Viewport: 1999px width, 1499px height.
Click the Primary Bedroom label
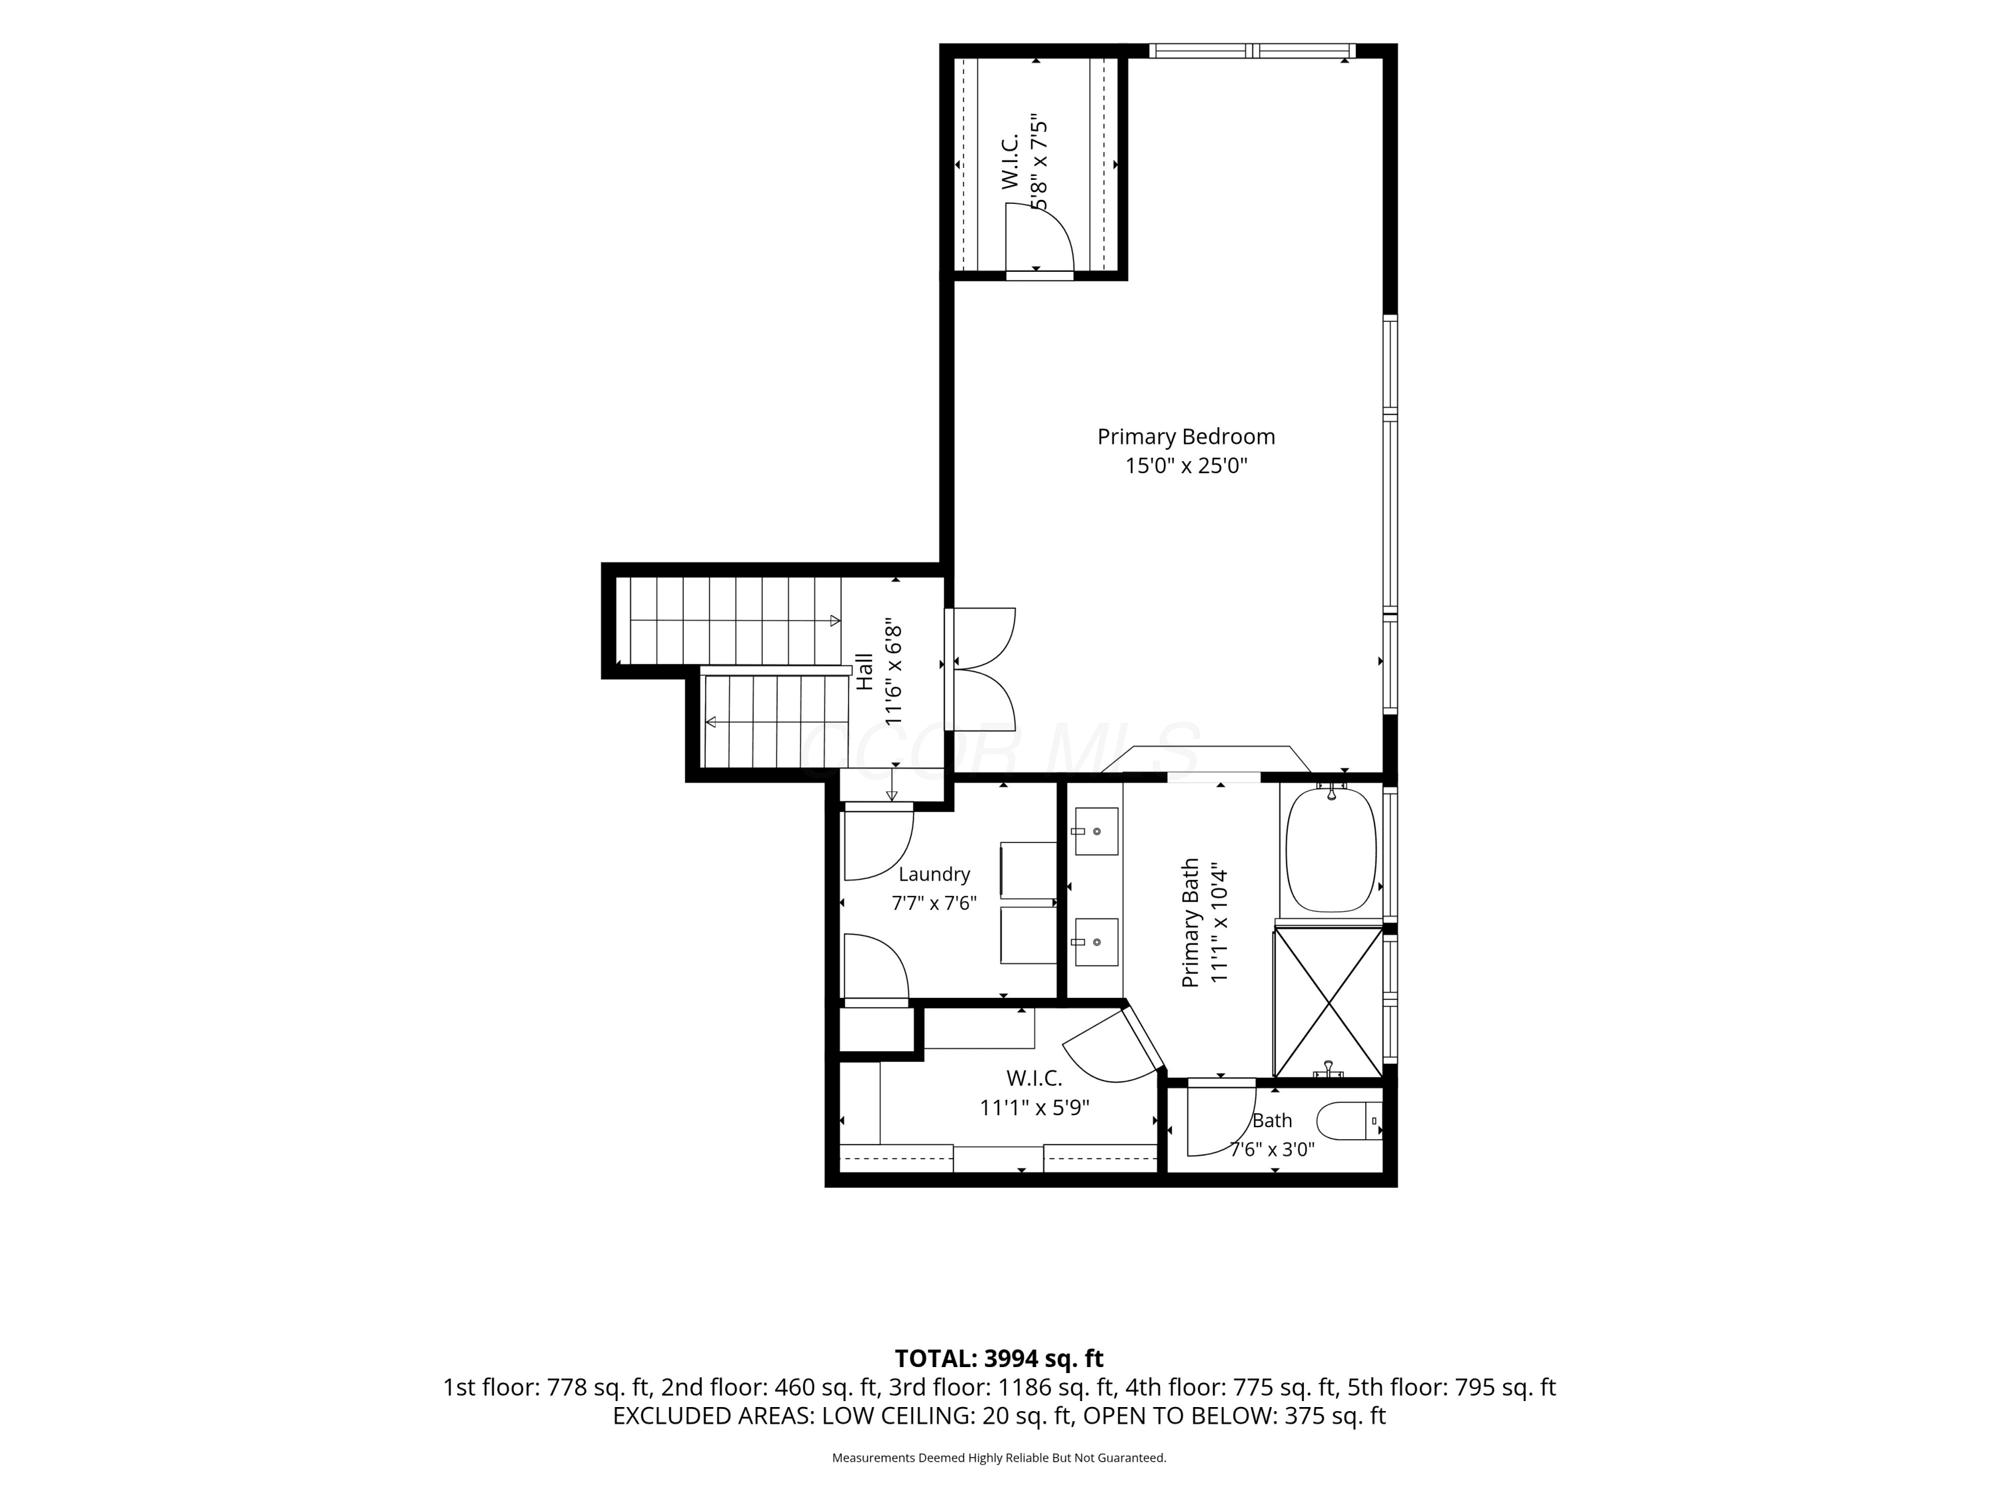pos(1185,436)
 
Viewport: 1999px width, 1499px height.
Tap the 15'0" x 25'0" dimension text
pos(1185,466)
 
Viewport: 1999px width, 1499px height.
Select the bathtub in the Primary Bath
pos(1330,850)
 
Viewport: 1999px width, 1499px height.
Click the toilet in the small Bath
pos(1349,1121)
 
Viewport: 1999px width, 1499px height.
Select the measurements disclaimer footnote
pos(999,1458)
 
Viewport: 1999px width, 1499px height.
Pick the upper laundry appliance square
pos(1028,870)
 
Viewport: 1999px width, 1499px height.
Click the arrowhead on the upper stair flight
pos(835,621)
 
